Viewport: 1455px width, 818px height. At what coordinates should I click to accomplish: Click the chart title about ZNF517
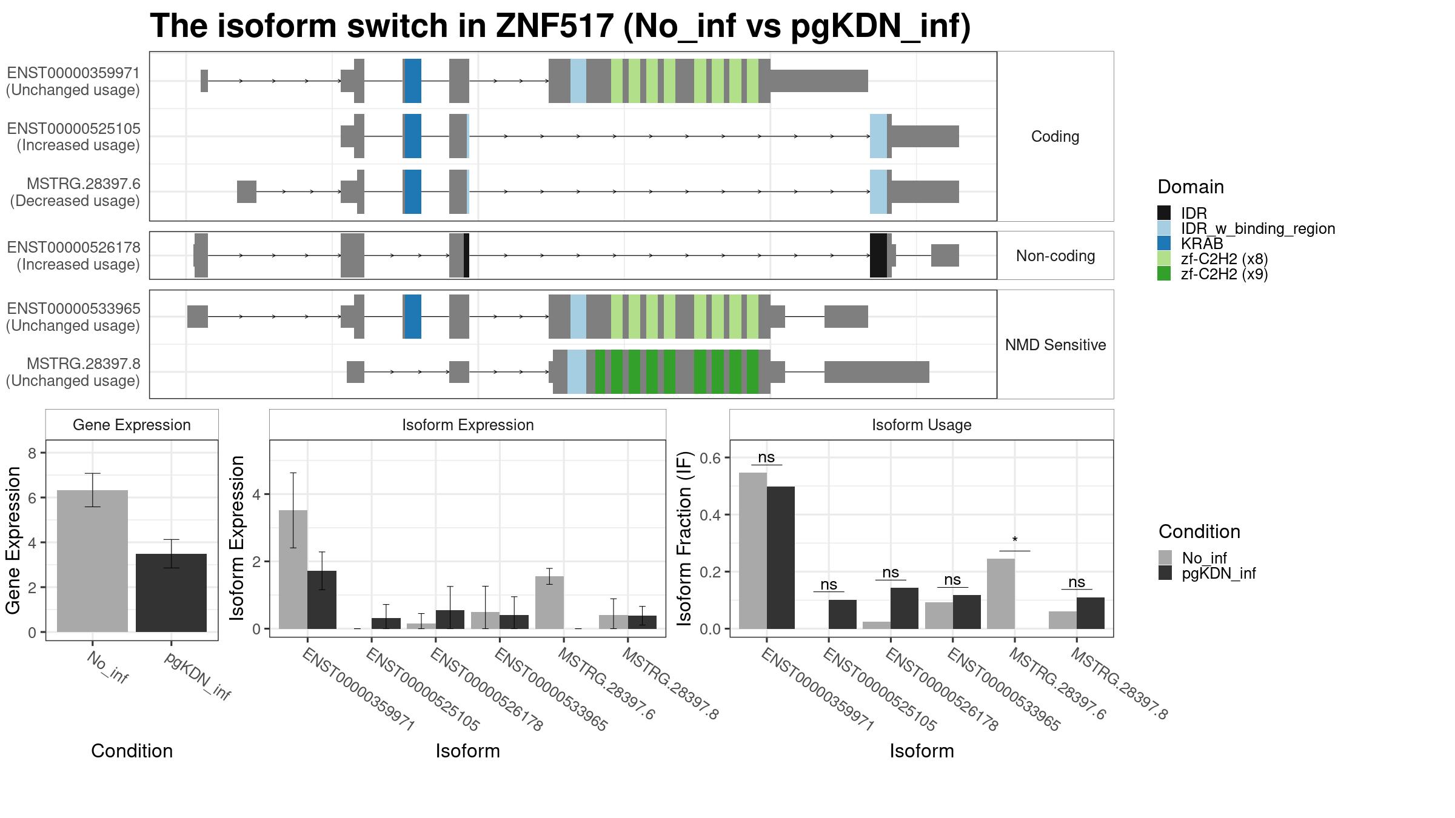pyautogui.click(x=560, y=27)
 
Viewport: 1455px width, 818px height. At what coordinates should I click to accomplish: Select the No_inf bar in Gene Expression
pyautogui.click(x=92, y=561)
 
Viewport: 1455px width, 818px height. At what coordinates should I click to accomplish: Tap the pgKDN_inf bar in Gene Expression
pyautogui.click(x=171, y=593)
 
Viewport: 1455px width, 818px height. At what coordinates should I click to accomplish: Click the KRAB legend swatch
pyautogui.click(x=1164, y=244)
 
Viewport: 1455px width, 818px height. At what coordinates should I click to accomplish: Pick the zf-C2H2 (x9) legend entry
pyautogui.click(x=1212, y=274)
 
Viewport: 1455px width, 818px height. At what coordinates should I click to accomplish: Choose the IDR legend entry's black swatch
pyautogui.click(x=1164, y=213)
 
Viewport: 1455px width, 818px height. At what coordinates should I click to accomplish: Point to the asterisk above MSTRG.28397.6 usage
pyautogui.click(x=1015, y=540)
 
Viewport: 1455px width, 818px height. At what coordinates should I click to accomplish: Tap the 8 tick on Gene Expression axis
pyautogui.click(x=33, y=453)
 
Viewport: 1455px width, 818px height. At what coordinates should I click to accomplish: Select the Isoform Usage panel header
pyautogui.click(x=921, y=425)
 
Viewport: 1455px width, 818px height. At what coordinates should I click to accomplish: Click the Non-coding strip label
pyautogui.click(x=1055, y=256)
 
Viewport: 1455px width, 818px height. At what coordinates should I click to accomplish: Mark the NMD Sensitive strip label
pyautogui.click(x=1055, y=345)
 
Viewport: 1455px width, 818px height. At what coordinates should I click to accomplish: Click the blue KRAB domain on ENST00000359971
pyautogui.click(x=413, y=81)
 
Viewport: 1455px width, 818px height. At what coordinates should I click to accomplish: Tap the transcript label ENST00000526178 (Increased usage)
pyautogui.click(x=73, y=256)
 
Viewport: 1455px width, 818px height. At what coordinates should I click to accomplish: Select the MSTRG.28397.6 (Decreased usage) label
pyautogui.click(x=75, y=192)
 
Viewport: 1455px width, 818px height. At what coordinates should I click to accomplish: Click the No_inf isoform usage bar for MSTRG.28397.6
pyautogui.click(x=1001, y=594)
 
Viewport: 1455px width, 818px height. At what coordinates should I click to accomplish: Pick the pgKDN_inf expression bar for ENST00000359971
pyautogui.click(x=322, y=600)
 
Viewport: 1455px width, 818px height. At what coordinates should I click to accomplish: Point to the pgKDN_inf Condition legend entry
pyautogui.click(x=1207, y=573)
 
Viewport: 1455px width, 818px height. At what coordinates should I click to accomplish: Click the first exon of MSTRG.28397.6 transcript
pyautogui.click(x=247, y=192)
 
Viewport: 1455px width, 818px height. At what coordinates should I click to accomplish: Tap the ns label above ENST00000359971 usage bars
pyautogui.click(x=766, y=457)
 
